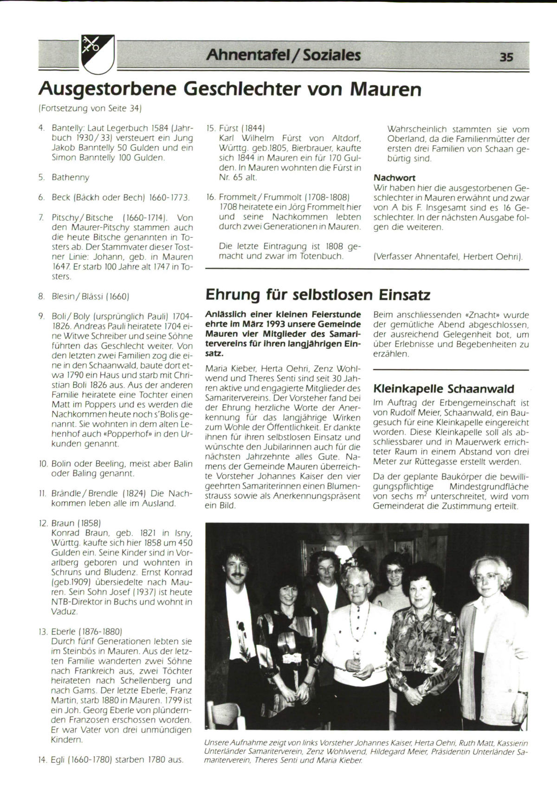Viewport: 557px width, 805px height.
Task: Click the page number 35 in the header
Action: pos(506,57)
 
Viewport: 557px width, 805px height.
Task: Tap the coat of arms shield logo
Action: pos(98,53)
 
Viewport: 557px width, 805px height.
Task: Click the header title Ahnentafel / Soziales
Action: pos(283,55)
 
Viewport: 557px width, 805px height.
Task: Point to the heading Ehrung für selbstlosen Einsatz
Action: pos(317,295)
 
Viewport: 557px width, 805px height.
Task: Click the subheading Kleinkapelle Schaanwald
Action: pos(443,388)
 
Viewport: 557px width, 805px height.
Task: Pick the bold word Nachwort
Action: pos(394,178)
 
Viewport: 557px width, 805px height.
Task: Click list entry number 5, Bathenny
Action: pos(70,177)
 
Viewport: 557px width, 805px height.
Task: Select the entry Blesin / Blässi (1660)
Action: pos(90,295)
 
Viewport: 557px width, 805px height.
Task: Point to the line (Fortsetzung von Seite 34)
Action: pos(90,109)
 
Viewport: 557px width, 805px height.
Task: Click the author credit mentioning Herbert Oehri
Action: pos(448,256)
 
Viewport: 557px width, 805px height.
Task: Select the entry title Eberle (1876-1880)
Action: pos(86,631)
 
